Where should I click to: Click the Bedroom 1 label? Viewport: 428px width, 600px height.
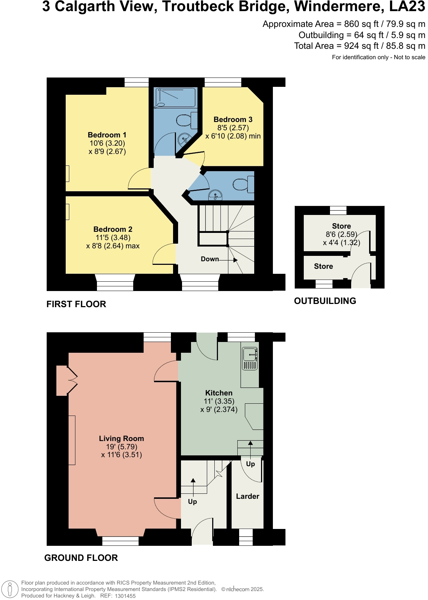(107, 135)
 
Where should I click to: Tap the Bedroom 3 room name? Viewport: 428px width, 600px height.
(233, 119)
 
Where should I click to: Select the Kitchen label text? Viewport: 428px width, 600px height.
(219, 393)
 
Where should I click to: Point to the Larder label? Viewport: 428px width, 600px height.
(247, 496)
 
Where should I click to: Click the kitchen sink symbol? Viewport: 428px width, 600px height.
(250, 358)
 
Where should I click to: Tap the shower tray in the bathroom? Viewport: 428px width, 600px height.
(175, 97)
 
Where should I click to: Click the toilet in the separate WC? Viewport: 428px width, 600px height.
(243, 184)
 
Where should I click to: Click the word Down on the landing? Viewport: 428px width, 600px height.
(210, 259)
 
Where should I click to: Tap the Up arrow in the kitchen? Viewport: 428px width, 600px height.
(250, 449)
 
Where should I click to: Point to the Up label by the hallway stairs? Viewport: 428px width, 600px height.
(192, 502)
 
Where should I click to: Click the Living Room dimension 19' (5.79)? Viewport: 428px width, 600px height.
(121, 447)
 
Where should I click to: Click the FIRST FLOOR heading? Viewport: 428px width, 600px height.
(76, 304)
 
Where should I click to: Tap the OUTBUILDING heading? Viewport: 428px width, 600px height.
(325, 301)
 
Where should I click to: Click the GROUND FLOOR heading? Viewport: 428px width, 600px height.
(81, 558)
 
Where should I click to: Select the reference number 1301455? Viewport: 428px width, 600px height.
(125, 596)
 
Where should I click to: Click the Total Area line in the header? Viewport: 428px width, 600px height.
(359, 46)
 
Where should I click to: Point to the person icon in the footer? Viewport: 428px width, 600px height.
(10, 589)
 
